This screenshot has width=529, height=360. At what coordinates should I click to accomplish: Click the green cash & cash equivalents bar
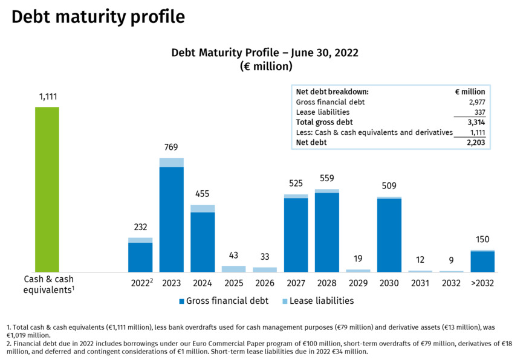click(47, 189)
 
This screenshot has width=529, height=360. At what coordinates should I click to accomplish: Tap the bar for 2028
click(327, 231)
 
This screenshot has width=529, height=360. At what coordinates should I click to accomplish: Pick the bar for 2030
click(389, 234)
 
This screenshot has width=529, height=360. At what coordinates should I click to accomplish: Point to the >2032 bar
click(482, 261)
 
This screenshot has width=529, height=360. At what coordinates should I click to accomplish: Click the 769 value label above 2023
click(171, 147)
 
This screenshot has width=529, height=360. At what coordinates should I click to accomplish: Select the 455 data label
click(203, 194)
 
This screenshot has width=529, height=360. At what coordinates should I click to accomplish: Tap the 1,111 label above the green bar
click(47, 96)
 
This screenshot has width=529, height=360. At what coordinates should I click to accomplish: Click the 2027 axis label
click(296, 283)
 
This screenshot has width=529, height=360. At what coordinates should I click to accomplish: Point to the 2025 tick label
click(233, 283)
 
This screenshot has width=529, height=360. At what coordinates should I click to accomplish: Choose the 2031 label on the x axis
click(420, 283)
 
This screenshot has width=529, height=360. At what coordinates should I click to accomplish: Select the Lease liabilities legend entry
click(317, 301)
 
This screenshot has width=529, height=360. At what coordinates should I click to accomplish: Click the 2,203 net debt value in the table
click(474, 143)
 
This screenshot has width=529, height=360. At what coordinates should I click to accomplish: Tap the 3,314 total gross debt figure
click(474, 122)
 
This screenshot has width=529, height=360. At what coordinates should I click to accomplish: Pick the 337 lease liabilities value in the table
click(478, 112)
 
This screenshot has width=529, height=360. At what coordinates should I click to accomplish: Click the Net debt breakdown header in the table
click(332, 92)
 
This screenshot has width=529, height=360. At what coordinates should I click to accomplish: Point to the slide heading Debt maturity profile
click(98, 17)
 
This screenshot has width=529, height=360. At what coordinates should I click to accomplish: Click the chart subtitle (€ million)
click(265, 66)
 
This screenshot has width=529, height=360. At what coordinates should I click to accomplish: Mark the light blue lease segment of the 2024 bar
click(203, 208)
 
